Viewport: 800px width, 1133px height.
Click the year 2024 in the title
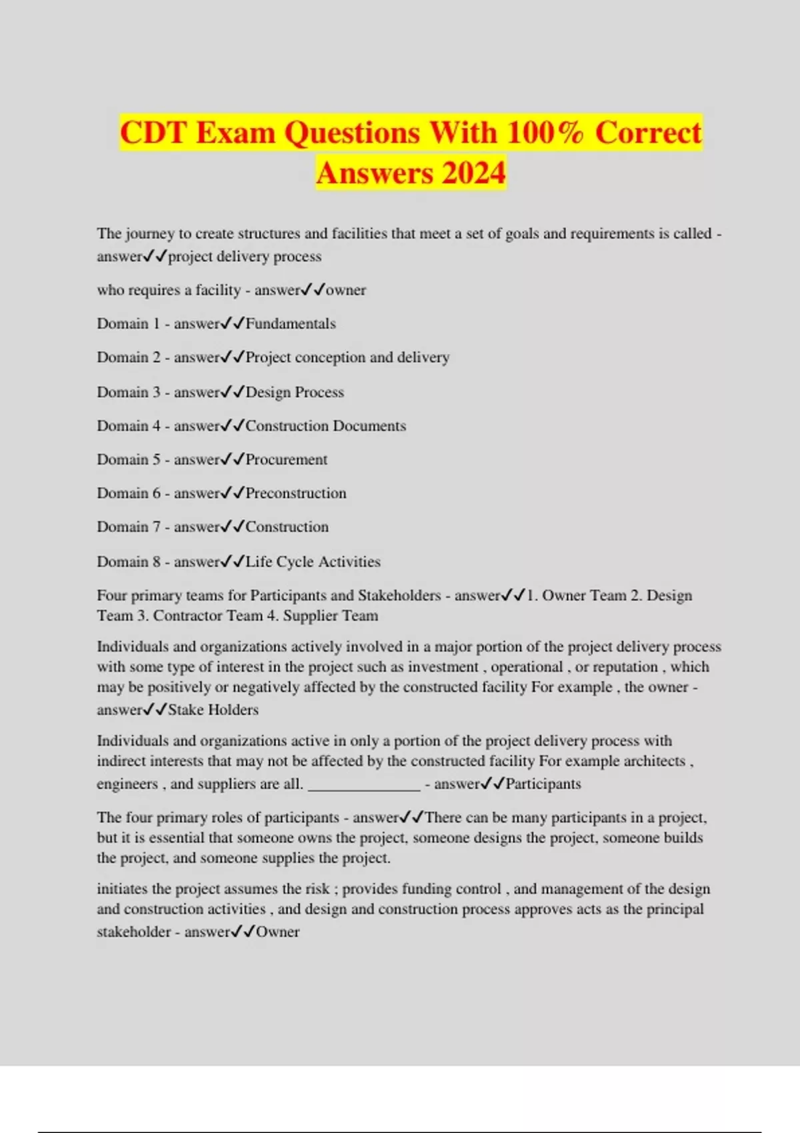473,173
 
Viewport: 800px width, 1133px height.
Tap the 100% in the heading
545,133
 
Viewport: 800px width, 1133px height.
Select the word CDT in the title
153,133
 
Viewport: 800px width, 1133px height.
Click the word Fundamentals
291,324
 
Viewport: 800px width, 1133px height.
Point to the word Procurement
287,460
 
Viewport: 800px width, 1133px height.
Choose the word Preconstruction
296,494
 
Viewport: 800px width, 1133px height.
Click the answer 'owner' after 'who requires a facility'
346,291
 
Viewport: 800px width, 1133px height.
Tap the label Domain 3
129,393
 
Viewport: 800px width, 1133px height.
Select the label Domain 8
129,562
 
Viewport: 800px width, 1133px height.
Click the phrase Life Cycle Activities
313,562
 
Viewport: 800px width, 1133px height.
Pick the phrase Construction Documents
325,427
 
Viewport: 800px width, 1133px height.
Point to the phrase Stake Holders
213,710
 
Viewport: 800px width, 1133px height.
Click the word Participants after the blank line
543,784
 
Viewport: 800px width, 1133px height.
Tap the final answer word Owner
278,932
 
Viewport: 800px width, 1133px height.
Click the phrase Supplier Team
331,616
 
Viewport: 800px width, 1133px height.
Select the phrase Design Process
295,393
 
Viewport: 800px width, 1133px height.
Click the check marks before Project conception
233,358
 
